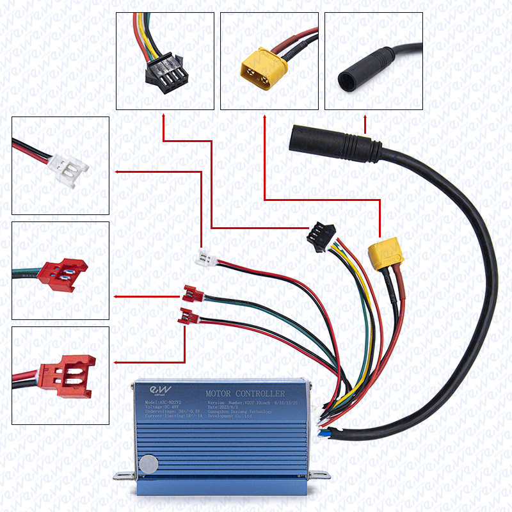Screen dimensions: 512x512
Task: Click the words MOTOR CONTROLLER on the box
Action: [244, 392]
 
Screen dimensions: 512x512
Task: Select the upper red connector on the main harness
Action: [191, 292]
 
